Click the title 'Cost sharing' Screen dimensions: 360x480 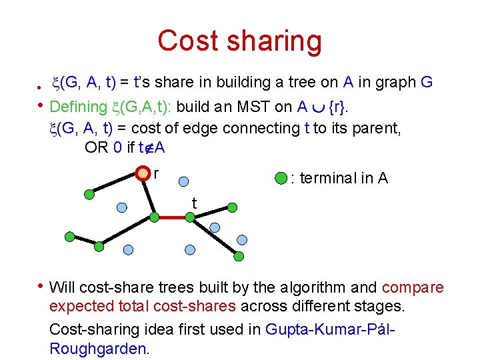(x=239, y=41)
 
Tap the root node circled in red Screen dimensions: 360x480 (x=143, y=174)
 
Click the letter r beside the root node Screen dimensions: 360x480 (x=156, y=173)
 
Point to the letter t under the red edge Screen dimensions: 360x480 (x=194, y=202)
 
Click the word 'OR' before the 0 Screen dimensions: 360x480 (x=97, y=147)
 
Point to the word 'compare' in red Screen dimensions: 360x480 (x=413, y=287)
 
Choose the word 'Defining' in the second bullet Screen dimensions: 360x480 (x=78, y=107)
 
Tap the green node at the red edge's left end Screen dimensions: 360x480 (x=154, y=217)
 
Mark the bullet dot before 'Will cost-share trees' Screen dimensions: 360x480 (x=41, y=287)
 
